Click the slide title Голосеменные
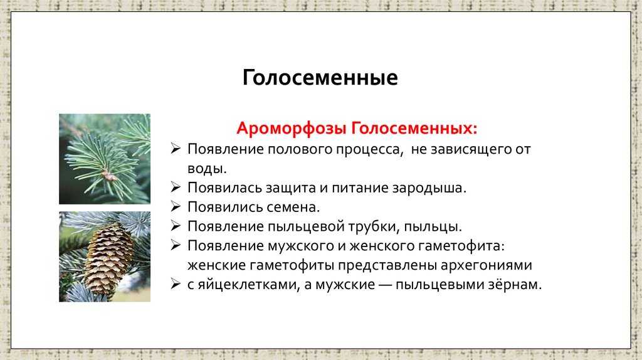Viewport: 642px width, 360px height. pos(320,78)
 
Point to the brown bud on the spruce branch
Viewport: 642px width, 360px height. pos(110,176)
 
